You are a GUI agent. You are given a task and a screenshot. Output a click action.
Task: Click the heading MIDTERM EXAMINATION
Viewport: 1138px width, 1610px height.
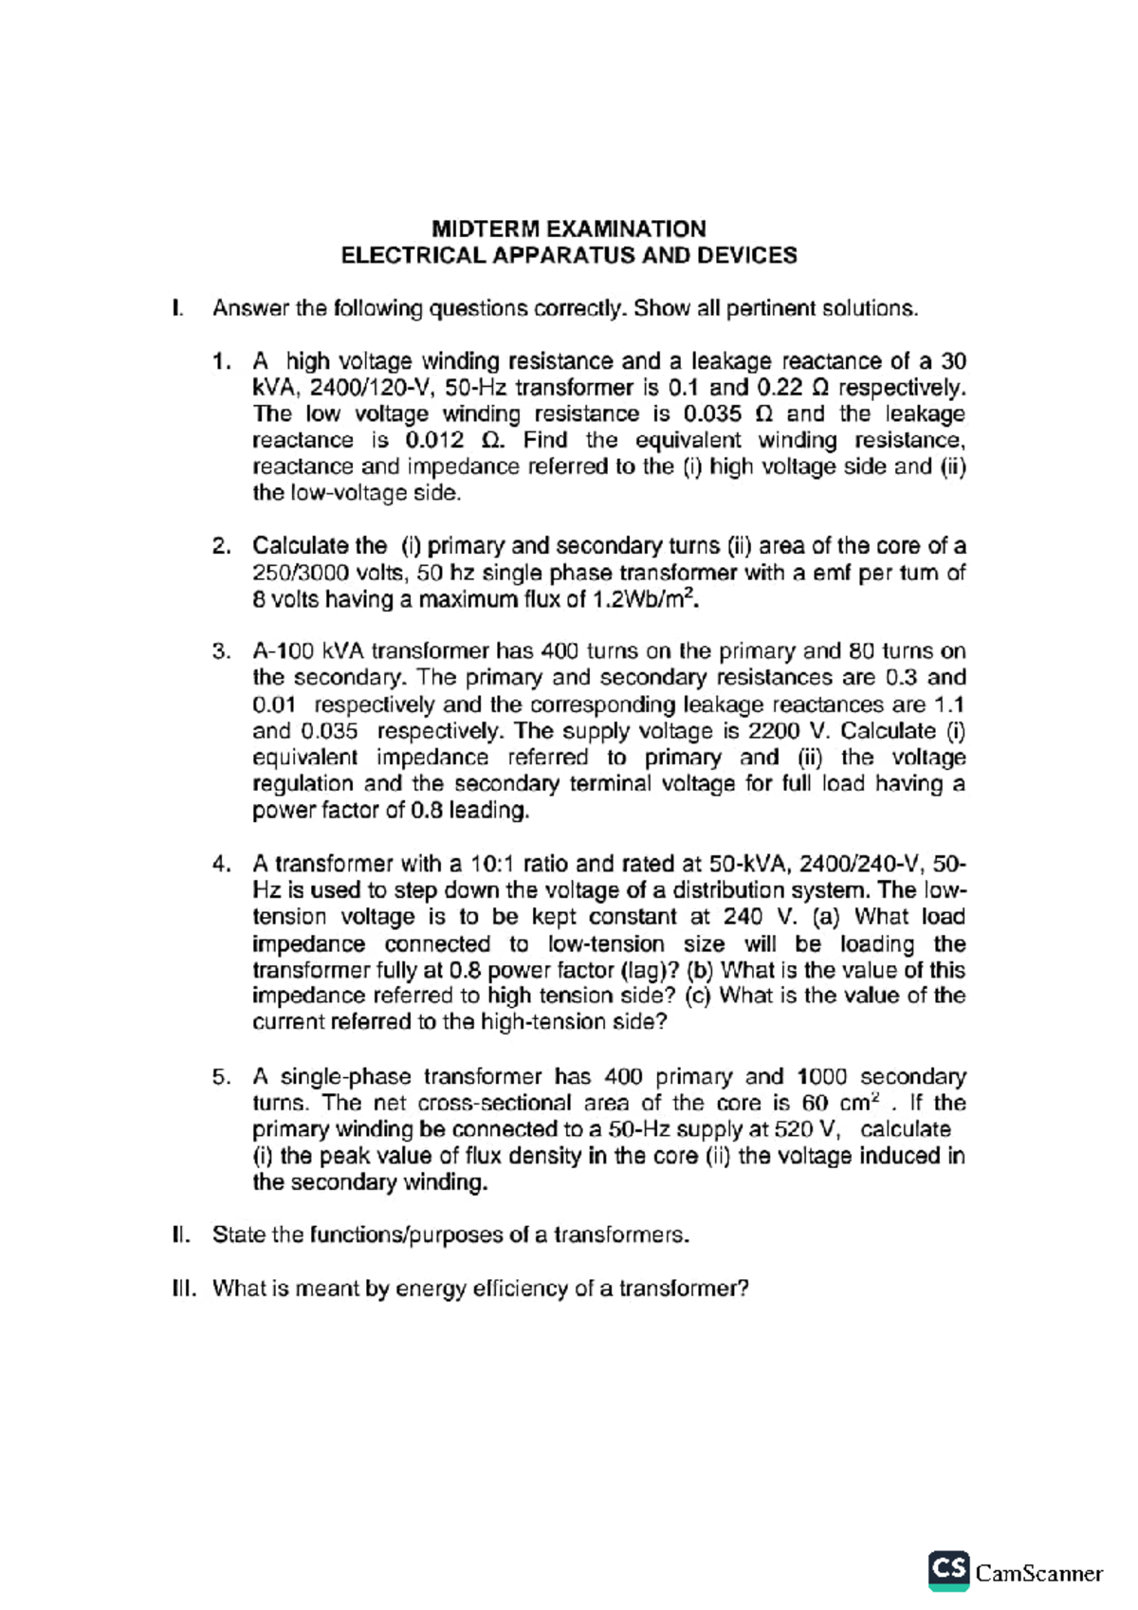[x=568, y=229]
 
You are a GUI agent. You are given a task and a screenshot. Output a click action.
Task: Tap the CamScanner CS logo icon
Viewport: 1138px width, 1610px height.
[x=948, y=1568]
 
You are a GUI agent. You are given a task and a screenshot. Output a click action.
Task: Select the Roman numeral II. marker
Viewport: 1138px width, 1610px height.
[x=177, y=1235]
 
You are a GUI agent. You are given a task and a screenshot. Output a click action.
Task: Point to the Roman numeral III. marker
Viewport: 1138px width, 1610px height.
[x=180, y=1289]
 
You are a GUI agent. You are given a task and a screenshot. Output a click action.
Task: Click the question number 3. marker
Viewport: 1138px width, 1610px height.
[x=222, y=651]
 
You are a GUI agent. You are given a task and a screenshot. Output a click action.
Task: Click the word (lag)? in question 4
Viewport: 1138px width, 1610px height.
[x=650, y=971]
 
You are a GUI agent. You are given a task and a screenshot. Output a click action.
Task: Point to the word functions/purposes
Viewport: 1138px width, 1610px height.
[x=407, y=1235]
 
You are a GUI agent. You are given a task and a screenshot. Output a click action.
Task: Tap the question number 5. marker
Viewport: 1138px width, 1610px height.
[x=222, y=1077]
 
